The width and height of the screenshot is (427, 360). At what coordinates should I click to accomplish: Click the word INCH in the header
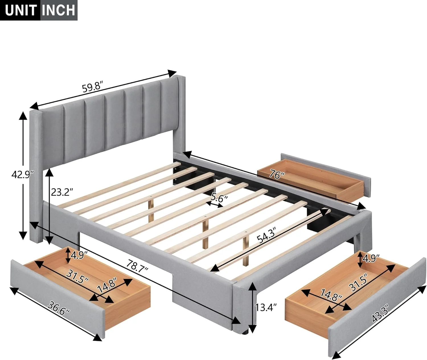(x=59, y=10)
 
